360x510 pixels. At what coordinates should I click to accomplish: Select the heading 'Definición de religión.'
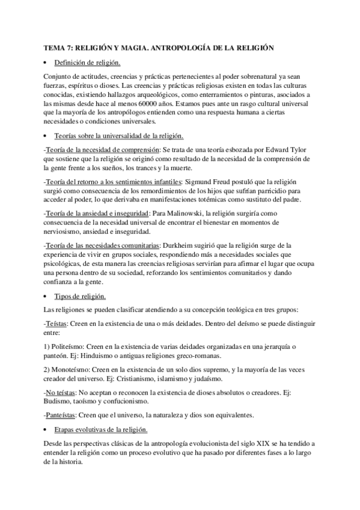point(87,63)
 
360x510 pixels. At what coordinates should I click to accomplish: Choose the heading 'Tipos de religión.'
point(81,296)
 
